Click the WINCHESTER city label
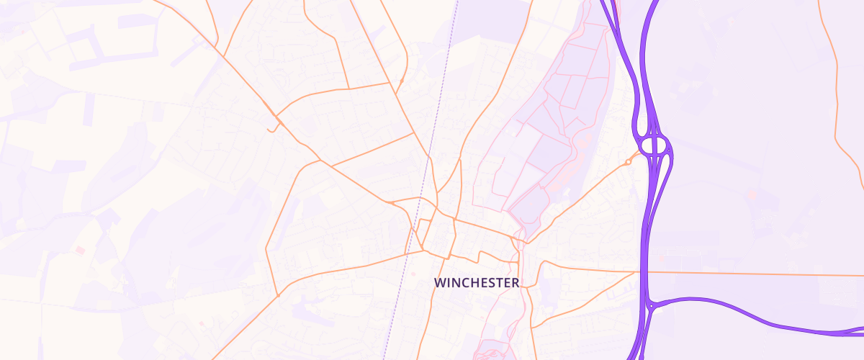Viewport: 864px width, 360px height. click(477, 284)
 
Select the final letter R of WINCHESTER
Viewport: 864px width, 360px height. click(515, 284)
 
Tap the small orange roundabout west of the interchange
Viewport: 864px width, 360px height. click(628, 162)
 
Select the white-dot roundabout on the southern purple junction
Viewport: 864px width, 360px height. click(650, 306)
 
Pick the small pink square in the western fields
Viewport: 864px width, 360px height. click(80, 250)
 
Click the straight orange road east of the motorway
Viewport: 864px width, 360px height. click(749, 274)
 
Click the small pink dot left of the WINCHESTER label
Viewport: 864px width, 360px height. click(413, 273)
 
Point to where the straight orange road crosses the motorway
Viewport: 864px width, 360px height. click(640, 272)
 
